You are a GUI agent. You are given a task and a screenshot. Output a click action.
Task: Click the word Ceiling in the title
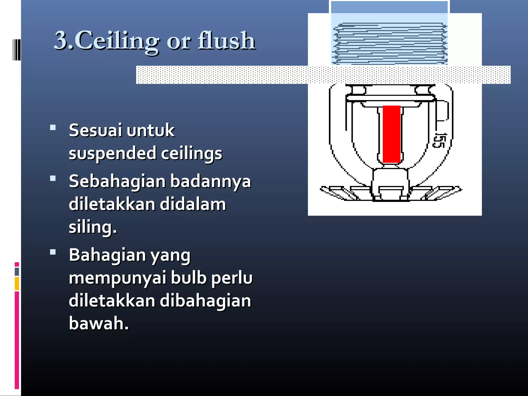pos(117,41)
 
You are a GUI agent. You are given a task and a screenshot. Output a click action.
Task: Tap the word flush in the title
pos(227,41)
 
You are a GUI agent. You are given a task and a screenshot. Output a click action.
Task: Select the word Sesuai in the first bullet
pos(95,130)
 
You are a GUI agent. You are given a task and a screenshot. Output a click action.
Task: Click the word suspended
pos(113,153)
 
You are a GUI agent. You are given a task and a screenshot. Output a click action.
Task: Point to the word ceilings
pos(192,153)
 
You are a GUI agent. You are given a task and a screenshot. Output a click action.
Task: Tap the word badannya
pos(211,181)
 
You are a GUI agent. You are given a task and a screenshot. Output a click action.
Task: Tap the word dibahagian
pos(205,301)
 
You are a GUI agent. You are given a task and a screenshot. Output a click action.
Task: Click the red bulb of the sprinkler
pos(391,134)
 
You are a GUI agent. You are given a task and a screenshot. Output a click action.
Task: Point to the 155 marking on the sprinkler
pos(439,141)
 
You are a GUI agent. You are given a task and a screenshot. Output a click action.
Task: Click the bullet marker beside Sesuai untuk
pos(53,127)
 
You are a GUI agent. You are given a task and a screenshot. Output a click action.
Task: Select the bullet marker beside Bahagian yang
pos(53,252)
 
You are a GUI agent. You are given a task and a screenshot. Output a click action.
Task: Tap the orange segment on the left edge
pos(17,284)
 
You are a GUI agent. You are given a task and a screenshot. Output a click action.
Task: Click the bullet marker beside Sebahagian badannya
pos(53,178)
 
